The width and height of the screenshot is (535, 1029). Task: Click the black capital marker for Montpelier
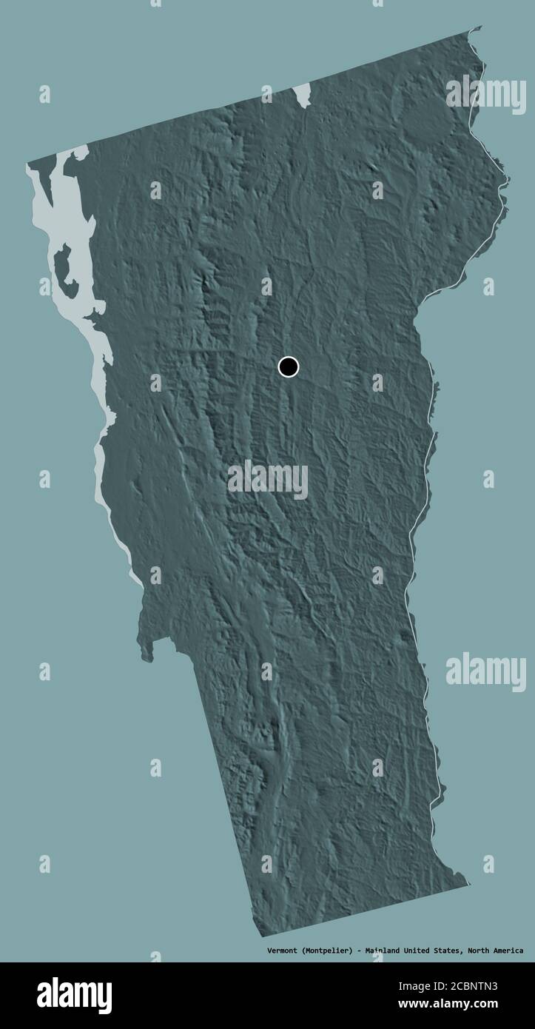[x=288, y=366]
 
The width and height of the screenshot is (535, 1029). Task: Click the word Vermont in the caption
[x=283, y=951]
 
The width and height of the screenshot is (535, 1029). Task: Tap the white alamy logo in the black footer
[x=74, y=995]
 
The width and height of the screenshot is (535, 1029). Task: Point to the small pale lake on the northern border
[x=301, y=94]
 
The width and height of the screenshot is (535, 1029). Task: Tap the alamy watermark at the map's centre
[x=268, y=480]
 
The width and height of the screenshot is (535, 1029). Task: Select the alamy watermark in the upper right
[x=485, y=93]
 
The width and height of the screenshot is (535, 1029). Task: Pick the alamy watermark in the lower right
[x=485, y=671]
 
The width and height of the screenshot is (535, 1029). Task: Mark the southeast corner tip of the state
[x=468, y=882]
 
